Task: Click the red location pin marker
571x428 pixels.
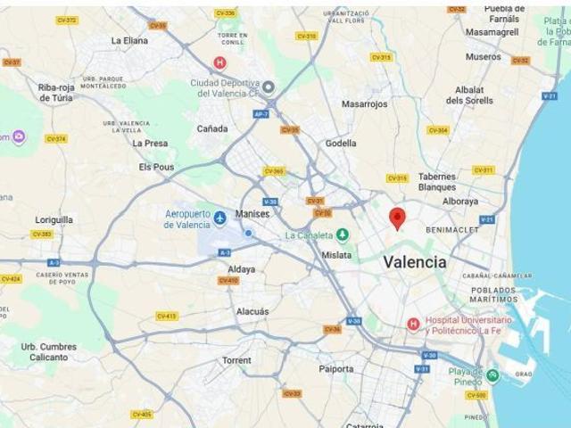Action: (x=398, y=217)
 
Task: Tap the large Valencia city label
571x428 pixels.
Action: (x=415, y=262)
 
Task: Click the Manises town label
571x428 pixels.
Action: (x=252, y=214)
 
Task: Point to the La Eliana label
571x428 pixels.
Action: (x=129, y=40)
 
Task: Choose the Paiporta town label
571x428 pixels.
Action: (x=336, y=368)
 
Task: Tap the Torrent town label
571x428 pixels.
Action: (x=236, y=360)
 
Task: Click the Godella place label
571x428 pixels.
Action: (x=341, y=143)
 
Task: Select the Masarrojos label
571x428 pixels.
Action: (x=364, y=103)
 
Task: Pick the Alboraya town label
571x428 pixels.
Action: (x=460, y=202)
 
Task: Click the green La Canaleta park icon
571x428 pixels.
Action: (x=343, y=235)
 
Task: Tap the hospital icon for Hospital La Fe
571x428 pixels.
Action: (x=413, y=325)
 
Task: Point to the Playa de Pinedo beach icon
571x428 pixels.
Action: (x=492, y=374)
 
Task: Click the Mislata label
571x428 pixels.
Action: (x=336, y=255)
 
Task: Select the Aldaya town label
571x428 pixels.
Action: (x=242, y=268)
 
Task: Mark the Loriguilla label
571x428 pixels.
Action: (x=54, y=218)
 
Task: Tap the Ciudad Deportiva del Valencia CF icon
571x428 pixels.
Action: (x=268, y=86)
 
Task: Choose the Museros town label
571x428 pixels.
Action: (x=483, y=56)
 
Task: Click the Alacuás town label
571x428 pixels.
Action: (x=252, y=311)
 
